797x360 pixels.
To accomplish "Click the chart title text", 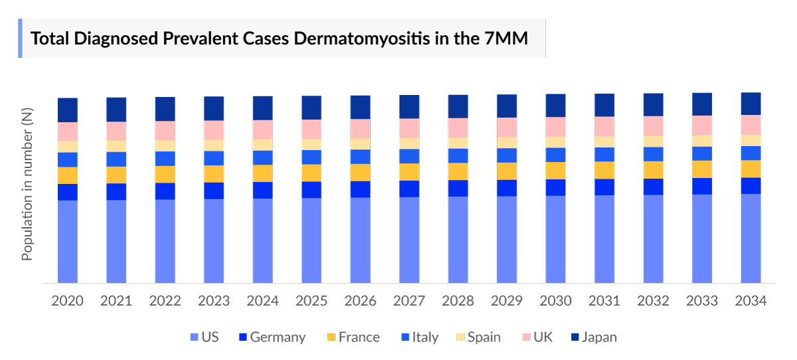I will coord(280,39).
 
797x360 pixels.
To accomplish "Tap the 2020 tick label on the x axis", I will coord(68,301).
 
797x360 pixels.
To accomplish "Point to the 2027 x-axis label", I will coord(409,301).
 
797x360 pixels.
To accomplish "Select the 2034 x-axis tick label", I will coord(751,301).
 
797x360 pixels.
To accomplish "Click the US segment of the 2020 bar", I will coord(68,242).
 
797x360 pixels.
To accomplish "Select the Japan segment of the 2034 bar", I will coord(751,104).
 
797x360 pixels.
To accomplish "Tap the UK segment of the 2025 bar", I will coord(311,129).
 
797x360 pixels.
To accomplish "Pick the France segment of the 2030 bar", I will coord(555,171).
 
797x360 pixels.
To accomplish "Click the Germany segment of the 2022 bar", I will coord(165,191).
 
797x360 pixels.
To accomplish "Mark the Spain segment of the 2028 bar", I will coord(458,143).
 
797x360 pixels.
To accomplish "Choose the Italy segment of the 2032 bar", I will coord(653,154).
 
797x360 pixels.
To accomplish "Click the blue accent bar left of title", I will coord(20,39).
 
